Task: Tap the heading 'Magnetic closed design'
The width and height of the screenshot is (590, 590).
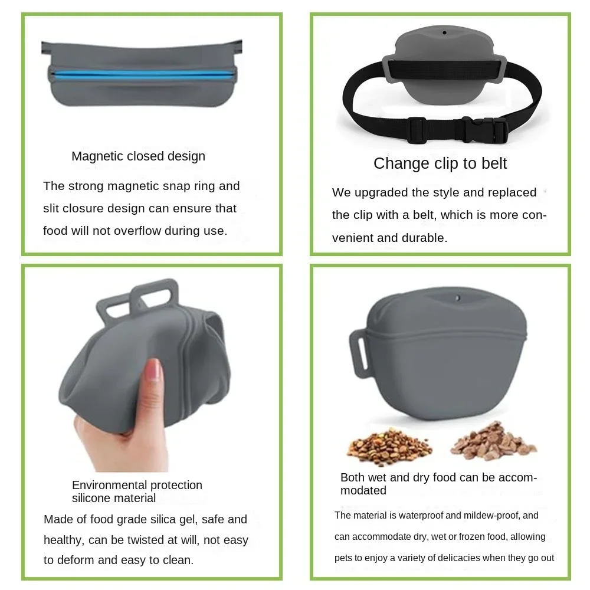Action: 139,156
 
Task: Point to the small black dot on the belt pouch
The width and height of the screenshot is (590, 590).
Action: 444,32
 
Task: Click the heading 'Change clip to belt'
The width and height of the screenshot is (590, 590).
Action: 440,163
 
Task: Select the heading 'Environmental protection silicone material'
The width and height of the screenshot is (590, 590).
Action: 137,491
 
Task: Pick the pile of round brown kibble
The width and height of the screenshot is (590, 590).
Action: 389,443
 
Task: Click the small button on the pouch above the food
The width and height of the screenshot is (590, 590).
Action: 457,298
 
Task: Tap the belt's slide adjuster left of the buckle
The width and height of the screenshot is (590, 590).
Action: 417,130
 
